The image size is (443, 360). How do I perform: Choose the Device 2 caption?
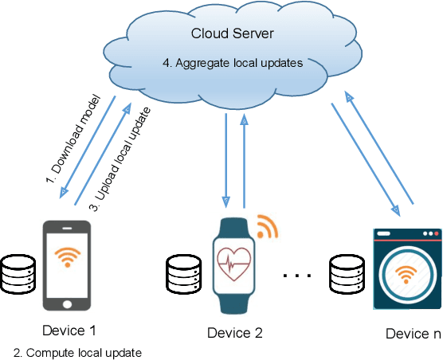click(234, 332)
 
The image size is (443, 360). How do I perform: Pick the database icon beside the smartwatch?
click(182, 274)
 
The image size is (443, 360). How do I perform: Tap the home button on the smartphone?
click(67, 303)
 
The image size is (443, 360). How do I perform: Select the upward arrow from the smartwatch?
click(245, 159)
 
